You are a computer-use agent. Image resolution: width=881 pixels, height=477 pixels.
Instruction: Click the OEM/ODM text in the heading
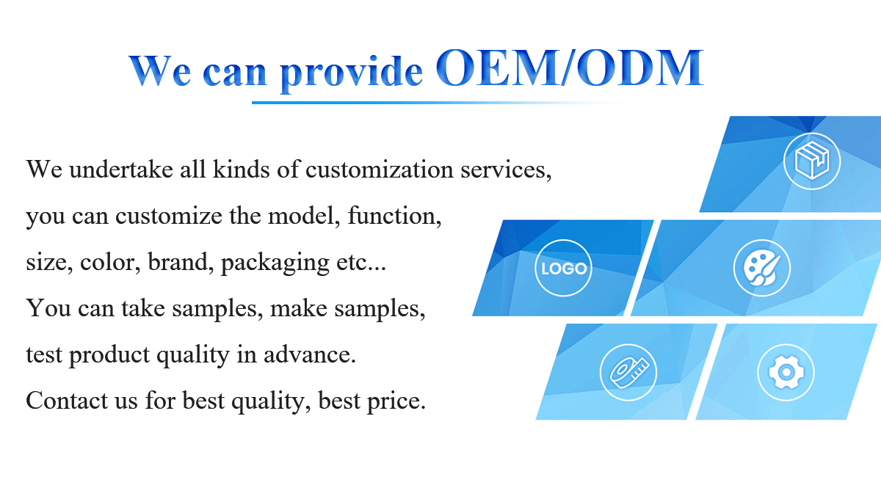[570, 68]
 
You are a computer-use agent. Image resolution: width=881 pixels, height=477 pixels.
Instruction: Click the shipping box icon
[812, 161]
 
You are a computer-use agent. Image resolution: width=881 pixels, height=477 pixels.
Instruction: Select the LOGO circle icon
[563, 268]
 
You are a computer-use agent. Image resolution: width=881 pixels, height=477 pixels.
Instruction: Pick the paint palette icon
[762, 268]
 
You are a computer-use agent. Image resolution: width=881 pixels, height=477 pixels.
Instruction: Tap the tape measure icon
[628, 372]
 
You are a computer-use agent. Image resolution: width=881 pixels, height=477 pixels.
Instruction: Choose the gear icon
[786, 372]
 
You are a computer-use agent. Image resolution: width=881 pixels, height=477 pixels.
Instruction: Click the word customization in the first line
[380, 170]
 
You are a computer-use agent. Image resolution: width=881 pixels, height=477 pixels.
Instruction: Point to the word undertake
[121, 170]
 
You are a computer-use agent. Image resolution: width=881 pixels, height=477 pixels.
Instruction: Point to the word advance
[310, 354]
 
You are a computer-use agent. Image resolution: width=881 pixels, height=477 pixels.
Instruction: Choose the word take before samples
[143, 308]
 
